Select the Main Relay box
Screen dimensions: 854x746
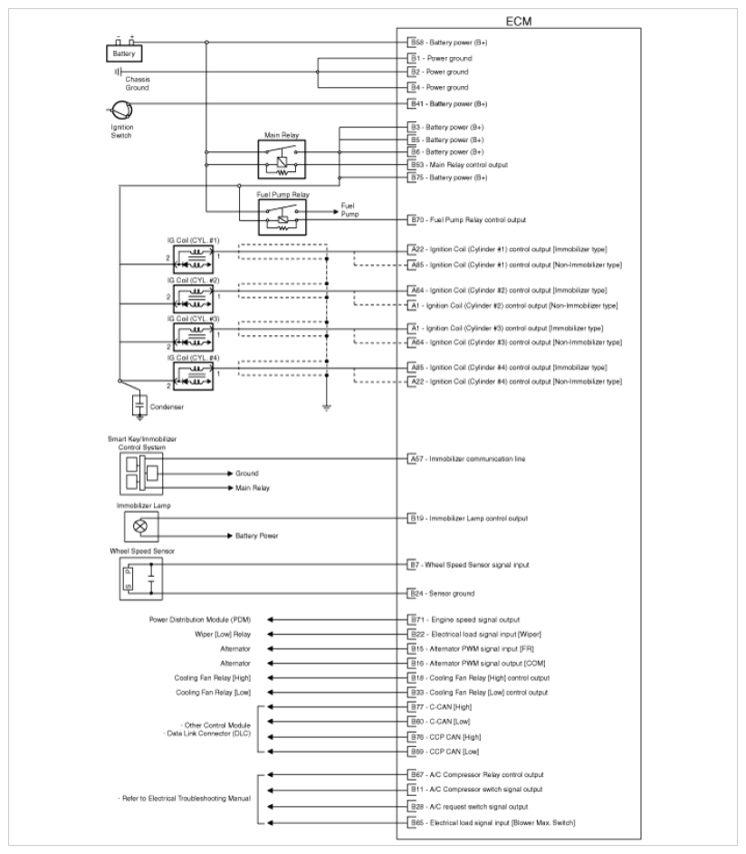(282, 159)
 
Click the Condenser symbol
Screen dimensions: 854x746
(140, 402)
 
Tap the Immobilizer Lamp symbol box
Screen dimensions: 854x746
(139, 525)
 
